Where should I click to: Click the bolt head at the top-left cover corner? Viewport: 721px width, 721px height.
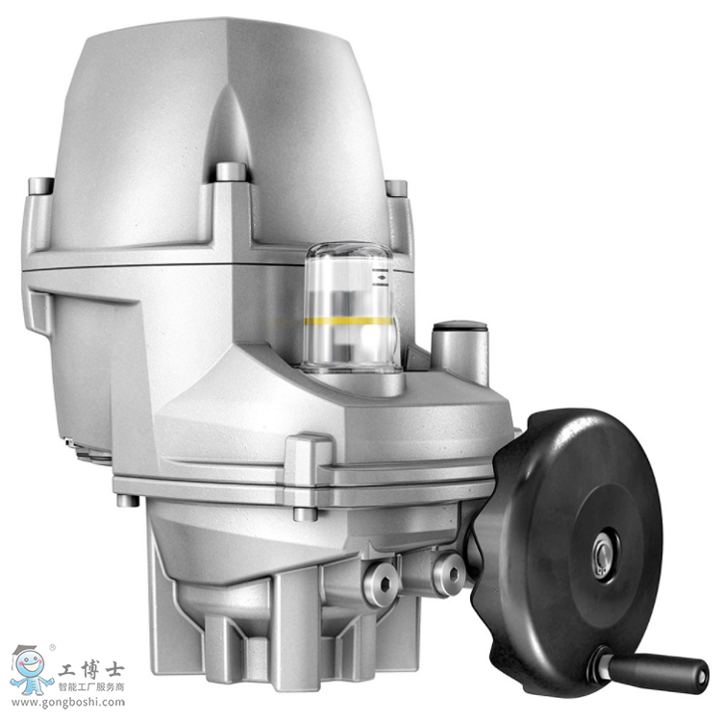coord(40,186)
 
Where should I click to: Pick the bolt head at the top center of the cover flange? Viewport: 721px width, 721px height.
coord(231,172)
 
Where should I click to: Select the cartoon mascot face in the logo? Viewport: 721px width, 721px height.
coord(32,664)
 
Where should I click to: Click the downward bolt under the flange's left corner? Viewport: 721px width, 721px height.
coord(126,500)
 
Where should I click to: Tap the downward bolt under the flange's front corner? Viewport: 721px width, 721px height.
coord(305,513)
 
